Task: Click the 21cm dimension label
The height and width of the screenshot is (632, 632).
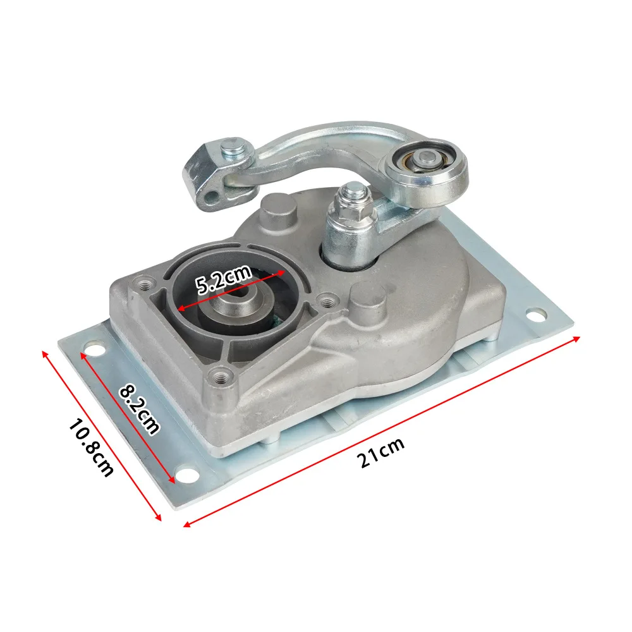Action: (381, 453)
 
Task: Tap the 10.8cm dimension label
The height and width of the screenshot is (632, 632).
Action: (90, 448)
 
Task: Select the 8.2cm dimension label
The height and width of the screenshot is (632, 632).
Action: (139, 410)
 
